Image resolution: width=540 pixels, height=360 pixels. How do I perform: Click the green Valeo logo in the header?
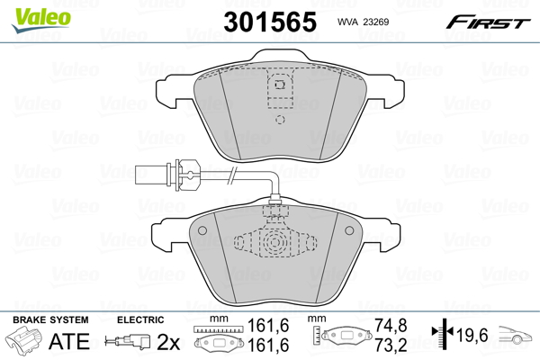pyautogui.click(x=41, y=20)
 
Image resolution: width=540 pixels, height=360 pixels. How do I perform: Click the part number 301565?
pyautogui.click(x=270, y=22)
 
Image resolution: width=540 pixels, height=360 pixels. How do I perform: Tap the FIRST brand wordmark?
pyautogui.click(x=488, y=22)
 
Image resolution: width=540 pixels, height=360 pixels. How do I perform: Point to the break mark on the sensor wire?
pyautogui.click(x=233, y=175)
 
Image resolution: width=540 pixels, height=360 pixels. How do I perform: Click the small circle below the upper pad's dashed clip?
pyautogui.click(x=280, y=120)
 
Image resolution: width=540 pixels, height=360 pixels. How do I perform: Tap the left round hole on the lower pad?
pyautogui.click(x=202, y=230)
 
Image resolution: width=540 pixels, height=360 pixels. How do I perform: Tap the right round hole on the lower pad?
pyautogui.click(x=349, y=230)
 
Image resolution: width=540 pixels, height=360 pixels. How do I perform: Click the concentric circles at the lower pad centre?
pyautogui.click(x=274, y=242)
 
